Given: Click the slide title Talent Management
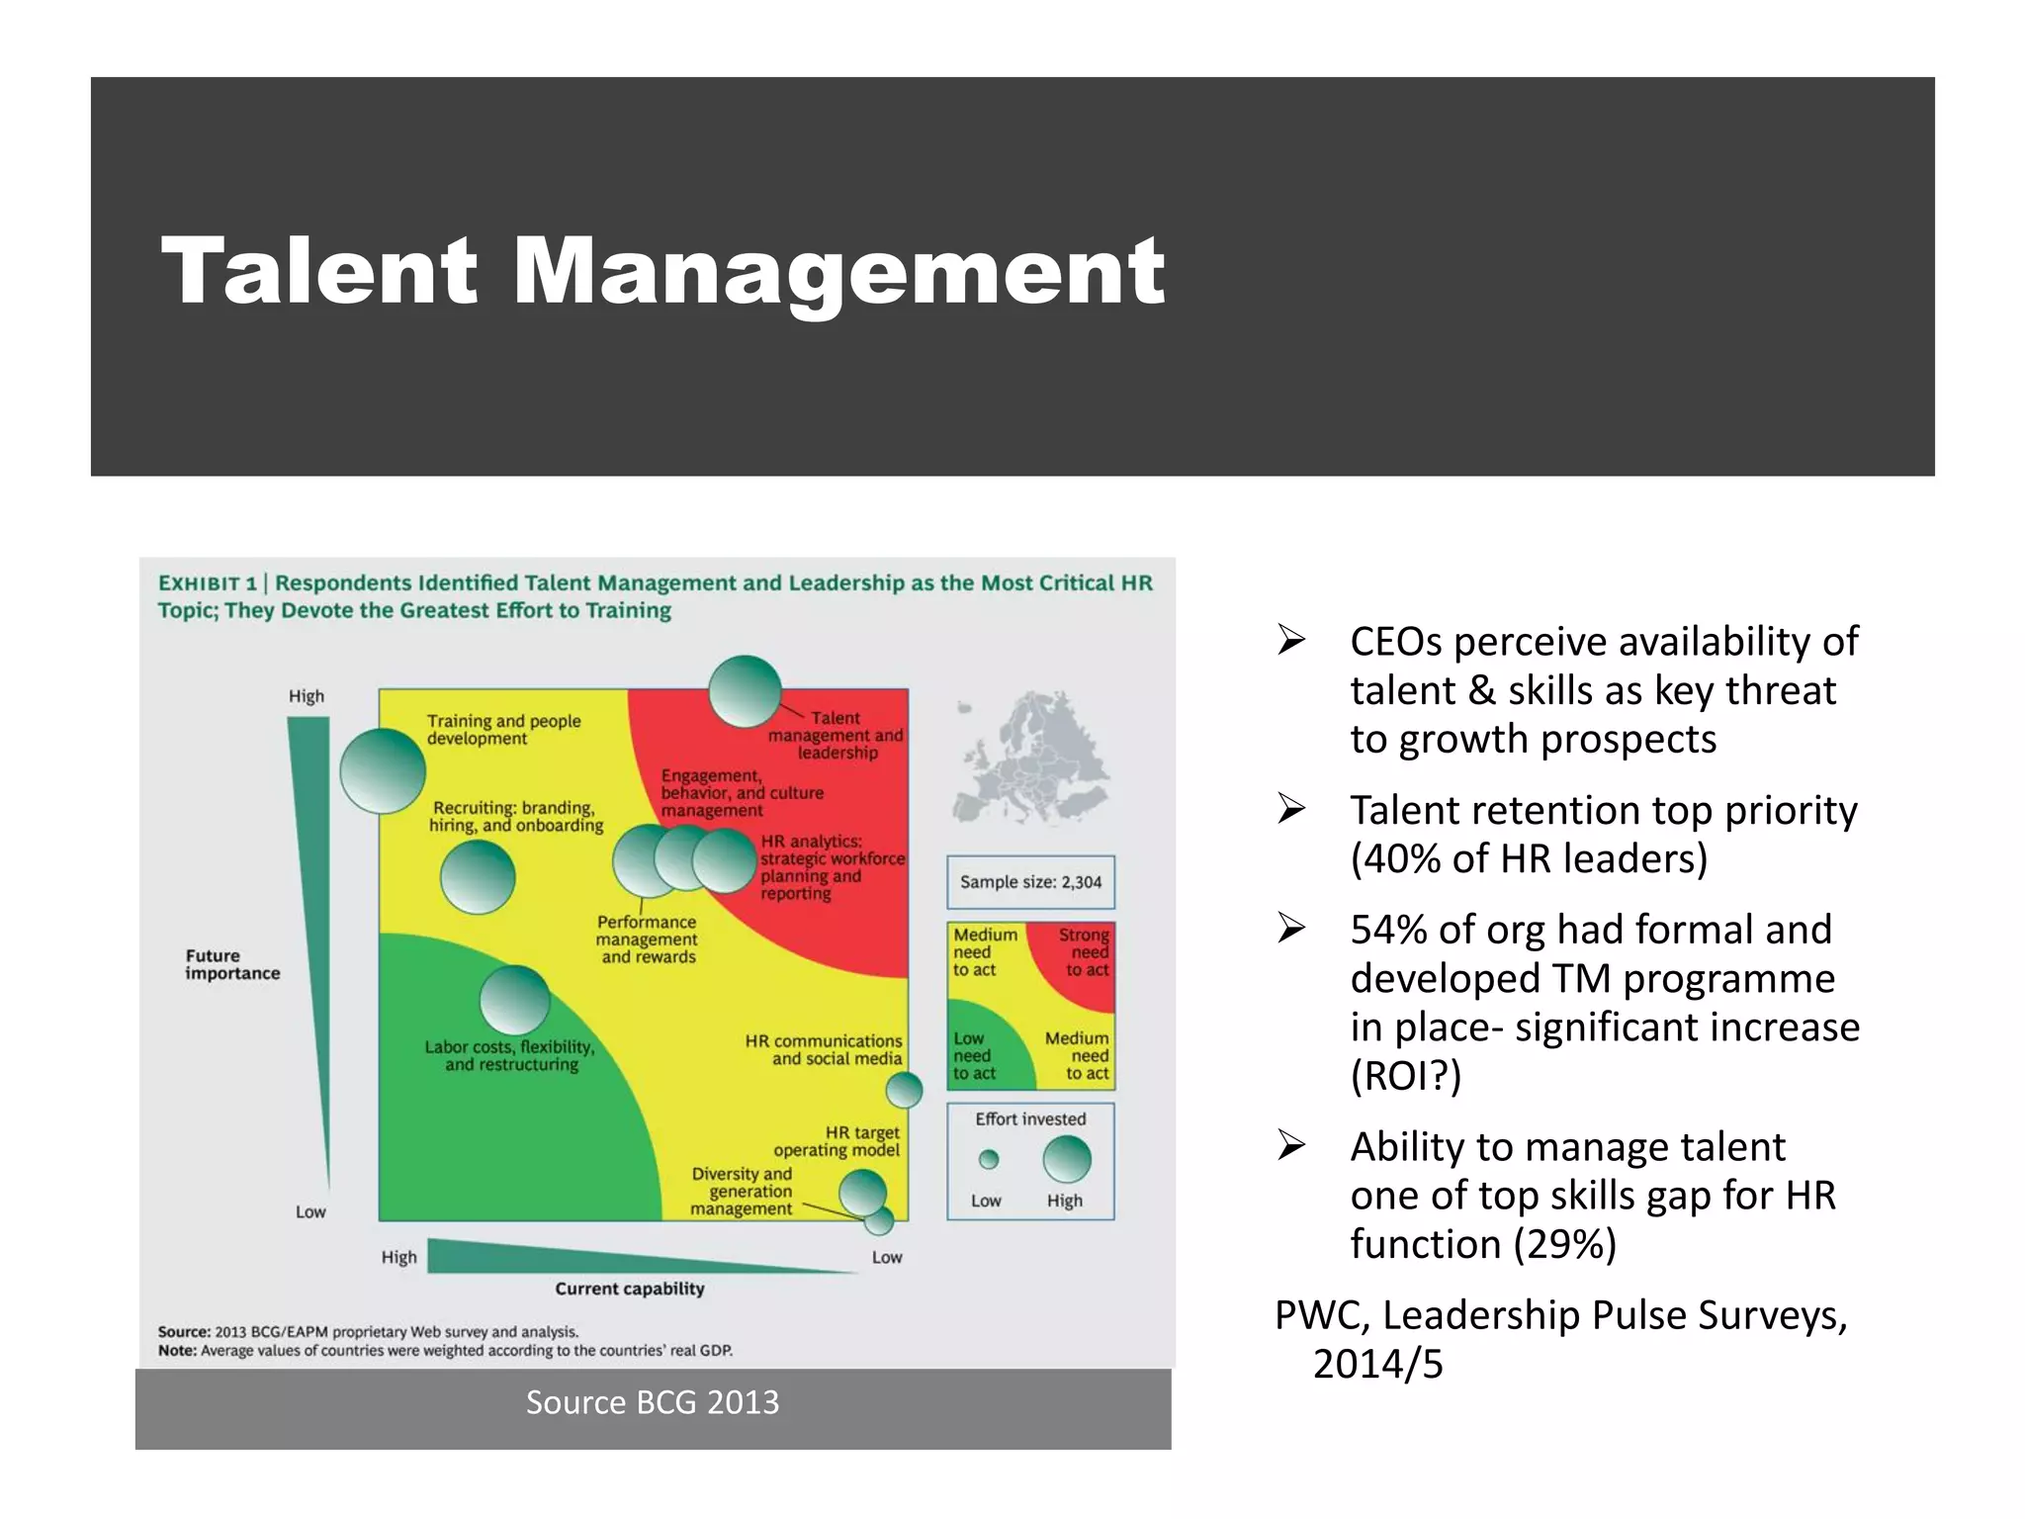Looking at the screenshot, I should tap(662, 272).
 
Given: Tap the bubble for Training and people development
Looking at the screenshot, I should tap(383, 771).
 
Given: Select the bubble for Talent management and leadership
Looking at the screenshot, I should tap(746, 691).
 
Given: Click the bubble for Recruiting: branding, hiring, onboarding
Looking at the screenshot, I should tap(478, 876).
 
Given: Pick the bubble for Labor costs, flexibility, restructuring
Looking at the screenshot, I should tap(514, 1001).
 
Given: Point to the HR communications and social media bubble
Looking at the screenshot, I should tap(904, 1091).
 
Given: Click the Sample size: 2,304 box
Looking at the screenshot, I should tap(1030, 882).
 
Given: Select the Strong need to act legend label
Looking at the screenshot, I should tap(1085, 951).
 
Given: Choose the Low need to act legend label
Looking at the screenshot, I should tap(973, 1056).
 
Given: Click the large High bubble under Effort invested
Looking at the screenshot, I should tap(1067, 1159).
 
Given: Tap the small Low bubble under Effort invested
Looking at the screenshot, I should tap(989, 1159).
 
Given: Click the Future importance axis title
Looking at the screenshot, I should tap(232, 964).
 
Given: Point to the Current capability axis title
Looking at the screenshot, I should tap(630, 1289).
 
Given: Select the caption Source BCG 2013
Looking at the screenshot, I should tap(653, 1402).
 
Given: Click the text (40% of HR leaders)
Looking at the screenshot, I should tap(1529, 858).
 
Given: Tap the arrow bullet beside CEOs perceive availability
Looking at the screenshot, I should tap(1291, 641).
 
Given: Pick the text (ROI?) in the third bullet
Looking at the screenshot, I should tap(1405, 1076).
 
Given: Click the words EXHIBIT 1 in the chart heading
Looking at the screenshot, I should tap(208, 583).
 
